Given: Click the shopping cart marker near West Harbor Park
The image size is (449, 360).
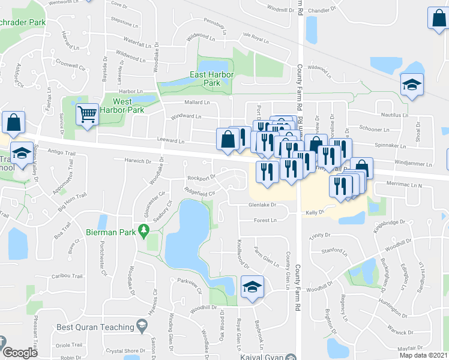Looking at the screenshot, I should (x=88, y=114).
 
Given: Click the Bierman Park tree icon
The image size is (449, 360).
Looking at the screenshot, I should (x=143, y=230).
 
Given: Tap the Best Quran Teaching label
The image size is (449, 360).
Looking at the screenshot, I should (x=95, y=327).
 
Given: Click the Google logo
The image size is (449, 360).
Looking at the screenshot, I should (x=20, y=353).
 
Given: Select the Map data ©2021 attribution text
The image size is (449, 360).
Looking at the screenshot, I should (x=423, y=356).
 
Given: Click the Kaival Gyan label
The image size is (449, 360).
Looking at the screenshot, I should (x=258, y=357).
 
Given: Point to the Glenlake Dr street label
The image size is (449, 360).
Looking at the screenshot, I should (x=262, y=205).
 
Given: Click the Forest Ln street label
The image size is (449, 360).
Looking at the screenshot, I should (x=264, y=220).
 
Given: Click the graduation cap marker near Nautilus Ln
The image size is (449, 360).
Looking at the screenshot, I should (x=412, y=85).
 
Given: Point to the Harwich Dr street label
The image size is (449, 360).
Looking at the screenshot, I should (x=138, y=161).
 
